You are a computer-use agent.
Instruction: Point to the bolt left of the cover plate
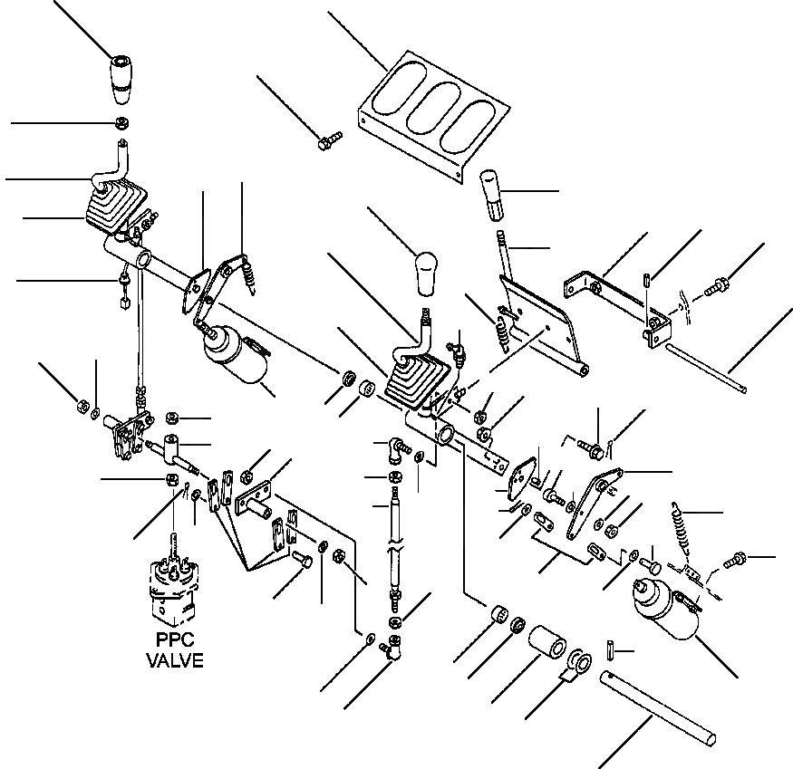[x=328, y=141]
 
